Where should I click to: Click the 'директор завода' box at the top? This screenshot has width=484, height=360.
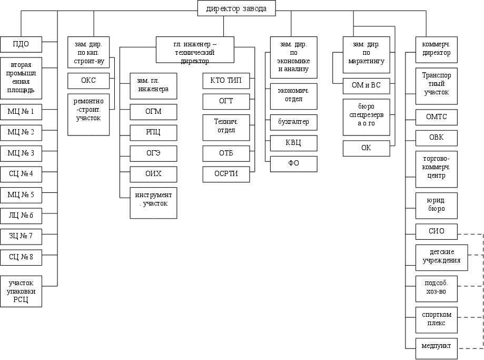click(236, 8)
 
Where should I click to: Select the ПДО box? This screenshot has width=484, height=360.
click(21, 44)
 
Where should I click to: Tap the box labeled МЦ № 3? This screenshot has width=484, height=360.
click(21, 153)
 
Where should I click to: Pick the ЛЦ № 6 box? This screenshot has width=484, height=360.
click(21, 216)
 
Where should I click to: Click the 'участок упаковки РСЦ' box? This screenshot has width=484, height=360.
click(21, 290)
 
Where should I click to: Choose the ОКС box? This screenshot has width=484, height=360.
click(88, 81)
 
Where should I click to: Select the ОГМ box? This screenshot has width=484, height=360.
click(153, 112)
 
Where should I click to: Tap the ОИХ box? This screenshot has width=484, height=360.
click(153, 174)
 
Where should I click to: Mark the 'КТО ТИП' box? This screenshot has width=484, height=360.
click(226, 81)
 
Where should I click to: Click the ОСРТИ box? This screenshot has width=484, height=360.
click(226, 174)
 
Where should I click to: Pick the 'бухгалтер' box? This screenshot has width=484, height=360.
click(293, 122)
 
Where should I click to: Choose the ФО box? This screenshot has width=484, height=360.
click(293, 163)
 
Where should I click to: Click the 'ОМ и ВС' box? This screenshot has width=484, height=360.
click(366, 85)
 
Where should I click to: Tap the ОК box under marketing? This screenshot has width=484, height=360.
click(366, 148)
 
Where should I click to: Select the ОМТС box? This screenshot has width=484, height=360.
click(436, 117)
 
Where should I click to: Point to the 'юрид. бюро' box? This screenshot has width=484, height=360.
click(436, 205)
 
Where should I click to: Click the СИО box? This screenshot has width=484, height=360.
click(436, 231)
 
